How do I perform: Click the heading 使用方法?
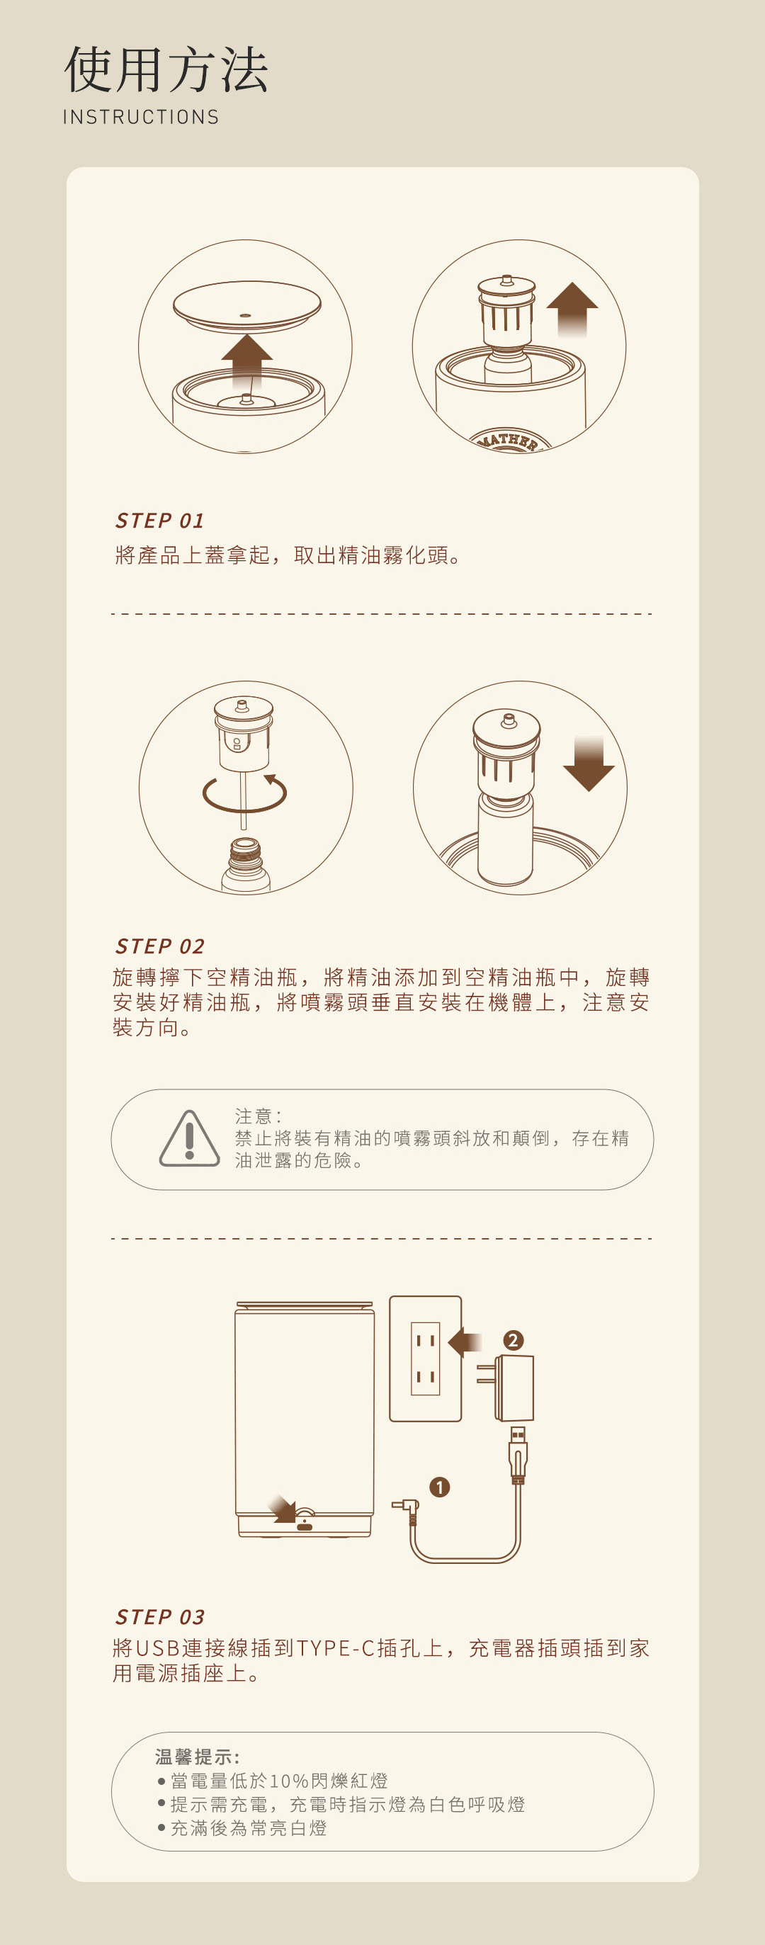click(x=166, y=69)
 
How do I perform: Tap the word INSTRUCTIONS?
click(x=141, y=117)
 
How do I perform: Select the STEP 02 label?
click(x=160, y=946)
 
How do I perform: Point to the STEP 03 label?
click(x=160, y=1616)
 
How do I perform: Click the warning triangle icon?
click(x=190, y=1140)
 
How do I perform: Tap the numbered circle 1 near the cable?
click(x=439, y=1487)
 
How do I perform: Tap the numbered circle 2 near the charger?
click(x=514, y=1339)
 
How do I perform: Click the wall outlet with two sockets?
click(x=425, y=1359)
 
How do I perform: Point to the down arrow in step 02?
click(x=589, y=764)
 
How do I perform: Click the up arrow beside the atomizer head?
click(x=572, y=307)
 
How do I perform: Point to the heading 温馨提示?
click(x=197, y=1757)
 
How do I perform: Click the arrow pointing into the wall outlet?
click(x=465, y=1342)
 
